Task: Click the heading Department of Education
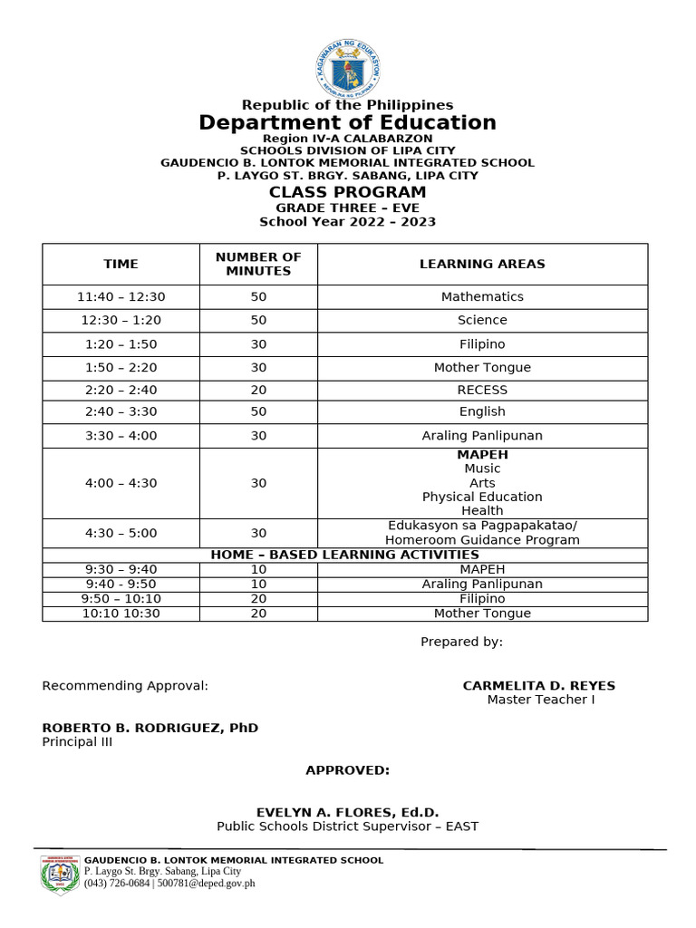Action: pyautogui.click(x=347, y=122)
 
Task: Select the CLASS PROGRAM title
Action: pyautogui.click(x=347, y=192)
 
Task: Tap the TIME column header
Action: pyautogui.click(x=121, y=264)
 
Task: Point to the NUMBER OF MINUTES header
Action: pyautogui.click(x=258, y=264)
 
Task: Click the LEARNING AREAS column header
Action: pyautogui.click(x=482, y=264)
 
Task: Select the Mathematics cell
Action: pyautogui.click(x=482, y=296)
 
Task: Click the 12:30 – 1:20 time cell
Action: pyautogui.click(x=121, y=320)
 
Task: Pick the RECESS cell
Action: pyautogui.click(x=482, y=390)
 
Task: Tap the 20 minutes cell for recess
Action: pyautogui.click(x=258, y=390)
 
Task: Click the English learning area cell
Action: pyautogui.click(x=482, y=411)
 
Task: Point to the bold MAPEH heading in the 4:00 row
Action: pyautogui.click(x=482, y=454)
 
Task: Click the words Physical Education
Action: pyautogui.click(x=482, y=497)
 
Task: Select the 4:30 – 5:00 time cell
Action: pyautogui.click(x=121, y=533)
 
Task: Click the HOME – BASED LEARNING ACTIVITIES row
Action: pyautogui.click(x=344, y=555)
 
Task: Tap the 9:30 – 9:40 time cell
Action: pyautogui.click(x=121, y=569)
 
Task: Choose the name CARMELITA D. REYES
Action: pyautogui.click(x=538, y=685)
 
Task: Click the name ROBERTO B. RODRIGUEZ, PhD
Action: pyautogui.click(x=150, y=728)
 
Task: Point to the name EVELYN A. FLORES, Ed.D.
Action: pyautogui.click(x=347, y=812)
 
